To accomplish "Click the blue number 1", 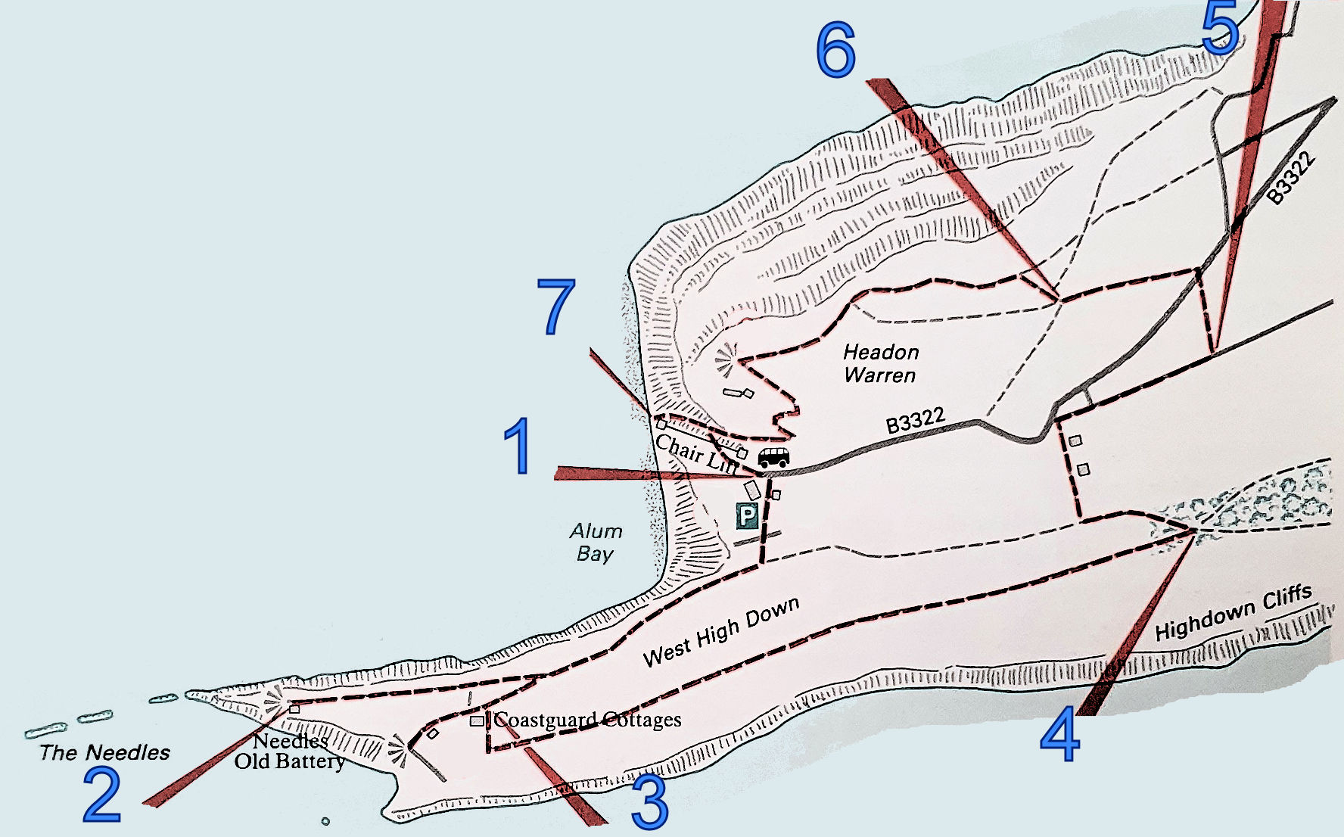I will click(x=518, y=447).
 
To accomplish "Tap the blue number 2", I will click(x=102, y=795).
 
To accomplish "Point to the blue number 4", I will click(x=1059, y=734).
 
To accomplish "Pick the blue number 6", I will click(x=836, y=50).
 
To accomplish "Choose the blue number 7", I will click(x=556, y=306).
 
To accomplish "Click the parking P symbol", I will click(x=747, y=516).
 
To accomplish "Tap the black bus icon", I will click(x=773, y=456).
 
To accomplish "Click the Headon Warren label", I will click(x=880, y=363).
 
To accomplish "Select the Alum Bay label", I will click(x=596, y=542).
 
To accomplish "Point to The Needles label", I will click(x=104, y=752).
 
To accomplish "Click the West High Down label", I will click(x=720, y=632).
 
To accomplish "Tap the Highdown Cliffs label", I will click(x=1234, y=613).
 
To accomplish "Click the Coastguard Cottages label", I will click(x=588, y=720).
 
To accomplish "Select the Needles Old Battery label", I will click(x=290, y=751).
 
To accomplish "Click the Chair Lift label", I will click(x=695, y=454).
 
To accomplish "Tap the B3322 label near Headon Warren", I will click(x=916, y=421).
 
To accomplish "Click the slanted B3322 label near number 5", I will click(x=1292, y=179).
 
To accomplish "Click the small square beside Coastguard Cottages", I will click(x=477, y=721).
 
